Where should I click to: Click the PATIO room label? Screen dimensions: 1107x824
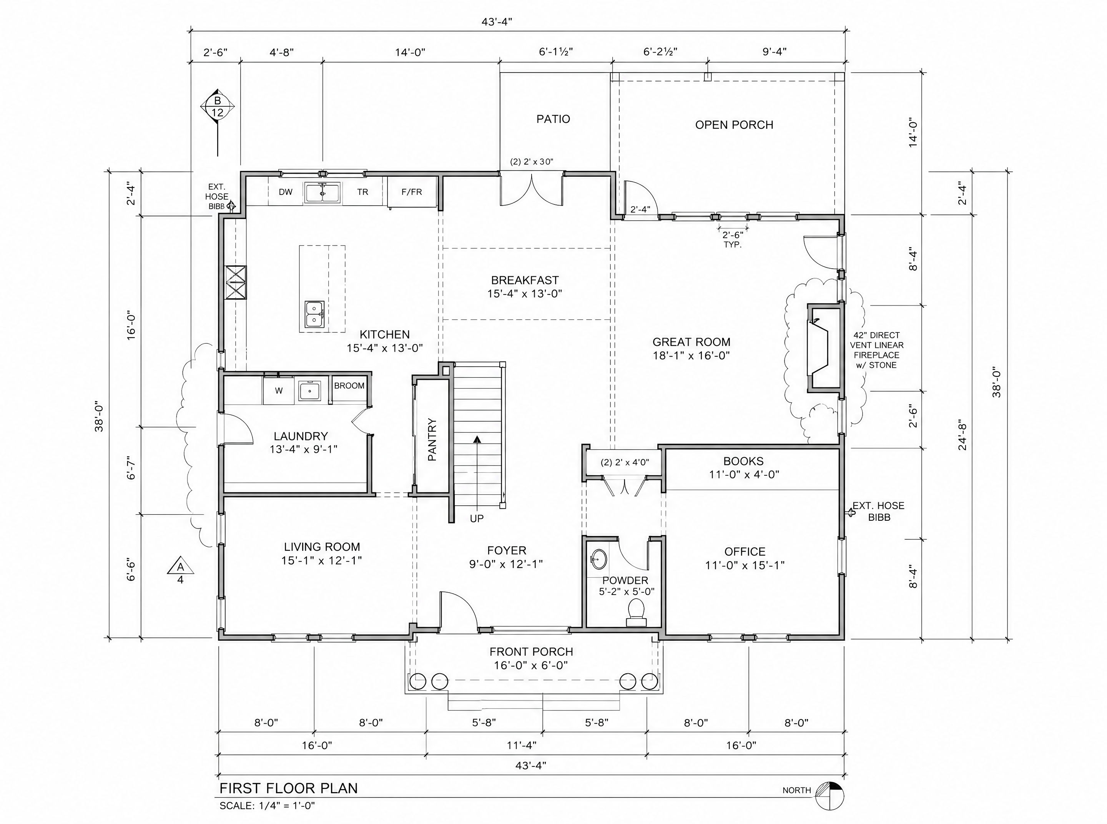click(553, 119)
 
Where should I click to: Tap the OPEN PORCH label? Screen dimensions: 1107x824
click(734, 125)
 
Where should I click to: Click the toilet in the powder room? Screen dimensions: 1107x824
click(636, 612)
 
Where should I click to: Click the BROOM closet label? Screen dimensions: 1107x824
click(349, 385)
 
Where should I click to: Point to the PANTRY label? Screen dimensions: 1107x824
click(432, 439)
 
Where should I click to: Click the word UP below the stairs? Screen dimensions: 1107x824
click(476, 519)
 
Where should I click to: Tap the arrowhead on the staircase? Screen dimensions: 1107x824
click(477, 439)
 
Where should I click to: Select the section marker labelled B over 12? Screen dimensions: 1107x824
click(217, 107)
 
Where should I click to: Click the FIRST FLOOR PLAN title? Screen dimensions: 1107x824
click(288, 788)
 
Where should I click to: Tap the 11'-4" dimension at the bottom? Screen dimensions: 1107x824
click(521, 745)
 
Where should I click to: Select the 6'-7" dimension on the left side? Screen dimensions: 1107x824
click(131, 467)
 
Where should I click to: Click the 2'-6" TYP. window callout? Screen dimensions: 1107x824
click(732, 239)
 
